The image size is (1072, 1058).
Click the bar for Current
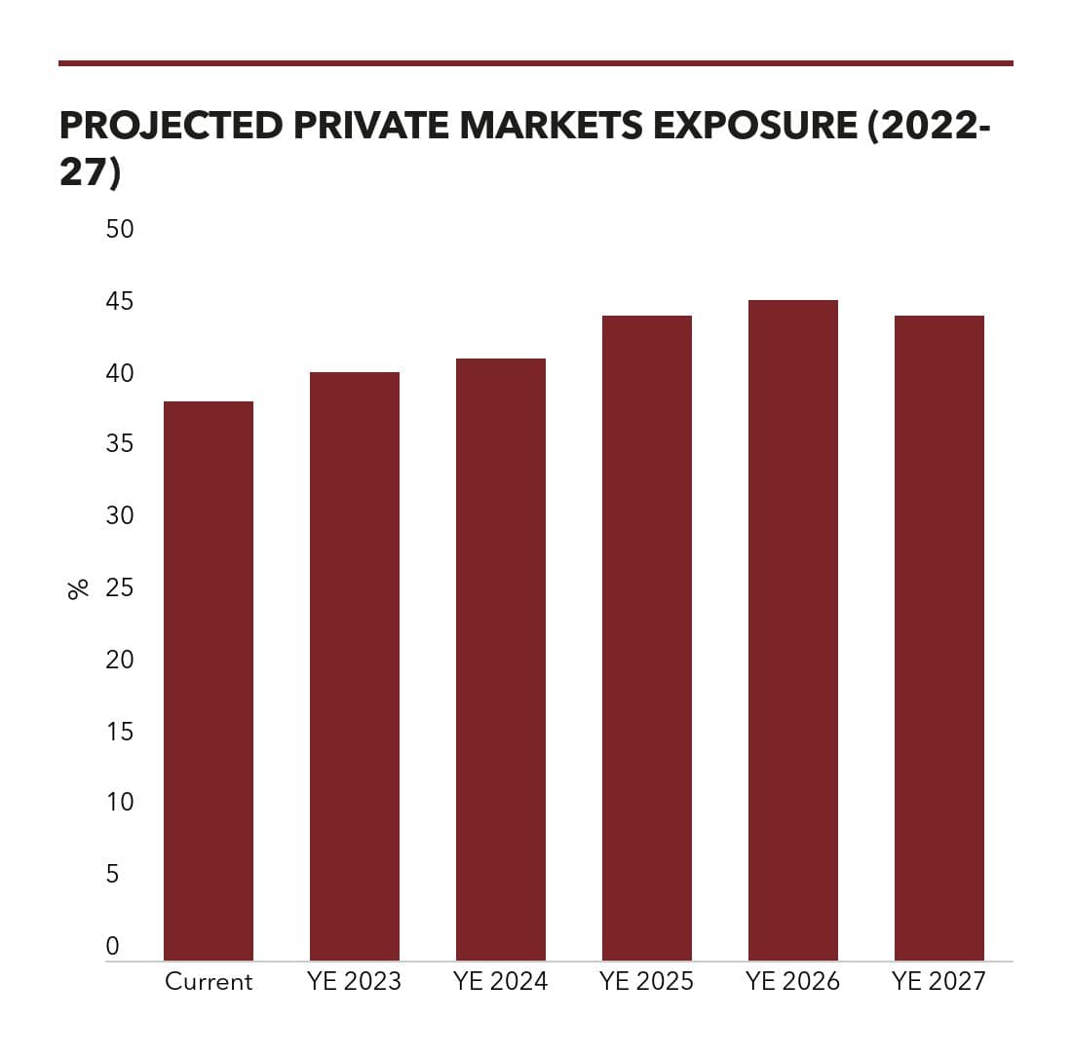[209, 681]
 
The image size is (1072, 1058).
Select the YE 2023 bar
[354, 666]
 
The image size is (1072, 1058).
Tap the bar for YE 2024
[501, 660]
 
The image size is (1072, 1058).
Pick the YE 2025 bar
[647, 638]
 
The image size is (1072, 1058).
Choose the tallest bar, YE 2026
[793, 630]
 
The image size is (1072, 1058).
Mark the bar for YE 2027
[939, 638]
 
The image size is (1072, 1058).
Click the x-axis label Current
[209, 981]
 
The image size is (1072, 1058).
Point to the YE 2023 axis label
[354, 981]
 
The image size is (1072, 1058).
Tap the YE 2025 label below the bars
[647, 981]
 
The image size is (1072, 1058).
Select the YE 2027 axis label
[939, 981]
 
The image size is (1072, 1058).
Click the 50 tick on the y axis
[120, 229]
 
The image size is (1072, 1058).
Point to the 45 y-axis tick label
[120, 301]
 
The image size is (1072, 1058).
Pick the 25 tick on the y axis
[120, 587]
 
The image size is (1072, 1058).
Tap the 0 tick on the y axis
[113, 946]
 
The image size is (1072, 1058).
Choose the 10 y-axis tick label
[120, 802]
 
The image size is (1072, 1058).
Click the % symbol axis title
[79, 589]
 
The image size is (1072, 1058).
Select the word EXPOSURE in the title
[755, 125]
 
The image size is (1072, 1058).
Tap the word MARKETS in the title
[551, 125]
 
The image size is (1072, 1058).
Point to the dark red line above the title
[536, 63]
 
